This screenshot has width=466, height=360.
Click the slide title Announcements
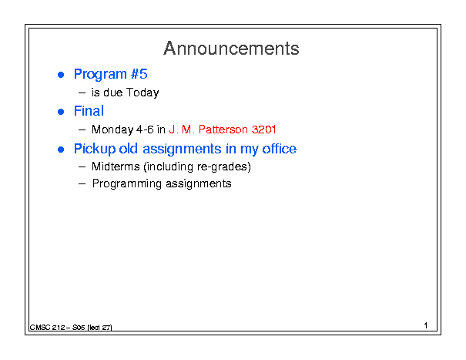coord(231,49)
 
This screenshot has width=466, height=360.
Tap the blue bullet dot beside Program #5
coord(61,75)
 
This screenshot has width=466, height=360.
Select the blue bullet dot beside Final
coord(61,112)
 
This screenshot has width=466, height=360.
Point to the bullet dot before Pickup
coord(61,149)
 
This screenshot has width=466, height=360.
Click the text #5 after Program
coord(139,74)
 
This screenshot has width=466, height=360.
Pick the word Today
coord(142,93)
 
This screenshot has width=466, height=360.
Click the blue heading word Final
coord(89,111)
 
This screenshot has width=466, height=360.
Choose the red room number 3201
coord(264,130)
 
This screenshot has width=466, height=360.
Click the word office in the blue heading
coord(279,149)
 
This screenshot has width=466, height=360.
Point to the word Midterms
coord(116,167)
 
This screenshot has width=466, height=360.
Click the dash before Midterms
coord(82,167)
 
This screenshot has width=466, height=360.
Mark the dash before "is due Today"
coord(82,93)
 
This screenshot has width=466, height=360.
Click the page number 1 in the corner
coord(426,325)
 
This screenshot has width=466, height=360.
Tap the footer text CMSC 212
coord(47,328)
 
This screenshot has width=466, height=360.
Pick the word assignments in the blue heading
coord(182,149)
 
